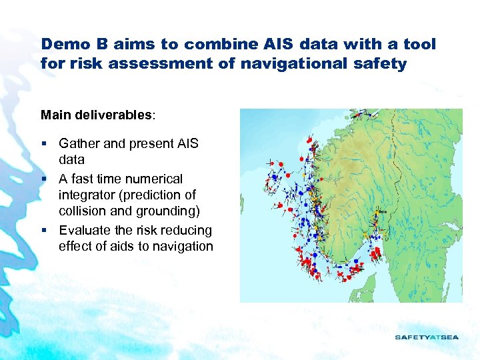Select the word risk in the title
81,65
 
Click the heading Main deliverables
97,115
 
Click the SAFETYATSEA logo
427,337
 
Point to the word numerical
154,179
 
